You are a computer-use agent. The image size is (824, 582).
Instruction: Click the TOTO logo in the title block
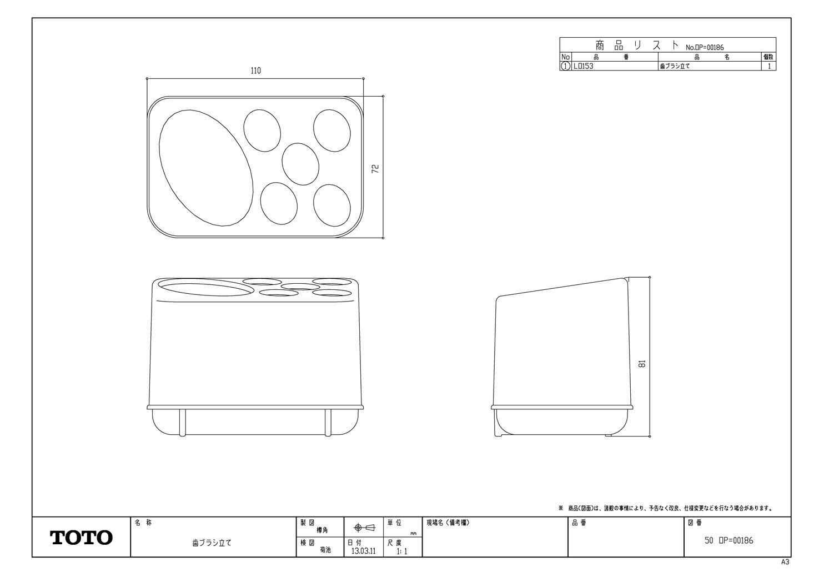(x=82, y=537)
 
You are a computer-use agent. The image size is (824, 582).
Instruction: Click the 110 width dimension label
(x=255, y=71)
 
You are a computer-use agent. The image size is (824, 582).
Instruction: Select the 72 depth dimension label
(x=375, y=168)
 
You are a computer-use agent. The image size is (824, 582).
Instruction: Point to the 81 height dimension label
(x=642, y=364)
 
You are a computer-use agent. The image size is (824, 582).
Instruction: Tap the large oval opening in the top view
(x=206, y=168)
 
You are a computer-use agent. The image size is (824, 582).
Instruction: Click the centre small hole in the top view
(x=300, y=164)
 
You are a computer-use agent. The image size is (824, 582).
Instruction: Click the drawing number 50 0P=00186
(x=728, y=540)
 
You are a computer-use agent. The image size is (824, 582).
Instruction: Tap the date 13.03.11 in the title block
(x=363, y=552)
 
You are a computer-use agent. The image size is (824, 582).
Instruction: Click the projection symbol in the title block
(x=364, y=527)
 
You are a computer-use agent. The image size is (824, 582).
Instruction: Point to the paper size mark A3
(x=785, y=562)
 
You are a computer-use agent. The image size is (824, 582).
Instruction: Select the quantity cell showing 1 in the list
(x=769, y=66)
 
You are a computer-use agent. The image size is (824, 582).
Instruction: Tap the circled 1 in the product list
(x=565, y=66)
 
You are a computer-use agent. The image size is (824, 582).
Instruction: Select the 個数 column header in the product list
(x=768, y=57)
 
